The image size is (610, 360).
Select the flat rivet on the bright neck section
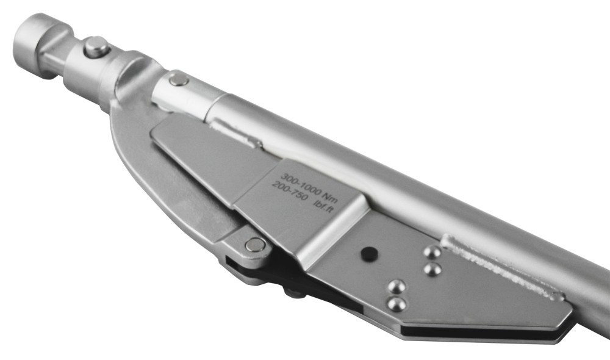click(178, 79)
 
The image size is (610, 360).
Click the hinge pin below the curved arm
click(255, 245)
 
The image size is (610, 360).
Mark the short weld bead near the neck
click(238, 135)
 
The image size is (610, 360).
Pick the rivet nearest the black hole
click(397, 286)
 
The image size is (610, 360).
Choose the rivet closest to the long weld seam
click(432, 252)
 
